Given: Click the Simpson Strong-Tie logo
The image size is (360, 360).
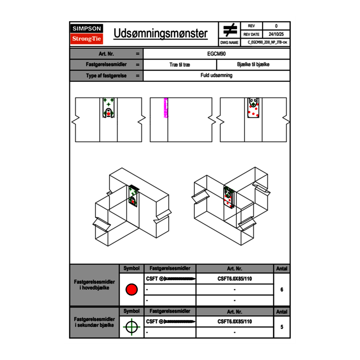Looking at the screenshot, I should (87, 34).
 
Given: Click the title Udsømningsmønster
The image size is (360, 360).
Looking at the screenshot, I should (160, 34).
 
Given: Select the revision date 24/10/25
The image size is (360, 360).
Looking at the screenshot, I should (276, 34).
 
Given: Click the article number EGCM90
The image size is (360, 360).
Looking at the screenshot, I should (217, 54).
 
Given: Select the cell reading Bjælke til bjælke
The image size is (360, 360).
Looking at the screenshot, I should (253, 65).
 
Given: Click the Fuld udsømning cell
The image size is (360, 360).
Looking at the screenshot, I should (217, 76).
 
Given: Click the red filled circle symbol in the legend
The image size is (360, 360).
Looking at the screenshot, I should (131, 290).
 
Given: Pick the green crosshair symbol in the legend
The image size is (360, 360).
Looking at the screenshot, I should (131, 327).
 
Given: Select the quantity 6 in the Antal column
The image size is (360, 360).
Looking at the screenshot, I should (282, 290).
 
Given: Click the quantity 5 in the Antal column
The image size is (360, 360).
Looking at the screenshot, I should (282, 327).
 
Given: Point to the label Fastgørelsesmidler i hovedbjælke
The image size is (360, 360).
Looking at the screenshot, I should (94, 285).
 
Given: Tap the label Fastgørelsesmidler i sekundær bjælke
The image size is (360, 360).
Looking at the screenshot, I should (94, 322).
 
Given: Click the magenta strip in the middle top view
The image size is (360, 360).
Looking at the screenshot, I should (166, 108).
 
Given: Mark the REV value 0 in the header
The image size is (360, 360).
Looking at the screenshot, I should (276, 26).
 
